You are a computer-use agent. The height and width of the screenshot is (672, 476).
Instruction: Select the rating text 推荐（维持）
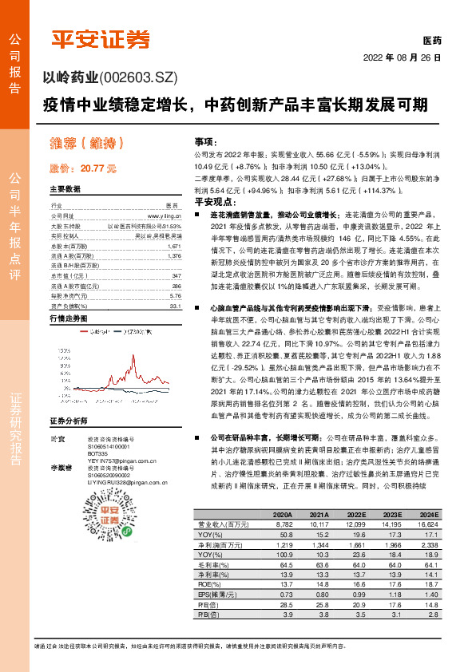point(86,144)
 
